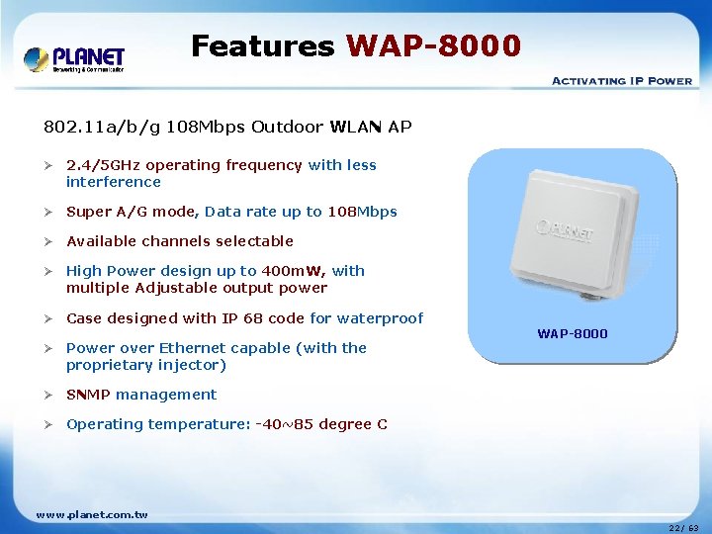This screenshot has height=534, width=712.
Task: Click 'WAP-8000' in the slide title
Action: tap(433, 46)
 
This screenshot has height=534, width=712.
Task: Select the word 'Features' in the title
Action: tap(262, 46)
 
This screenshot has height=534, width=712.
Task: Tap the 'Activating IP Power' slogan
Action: tap(621, 81)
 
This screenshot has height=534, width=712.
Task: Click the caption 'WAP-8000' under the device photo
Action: tap(573, 334)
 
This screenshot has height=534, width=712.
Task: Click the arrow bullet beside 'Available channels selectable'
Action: tap(48, 241)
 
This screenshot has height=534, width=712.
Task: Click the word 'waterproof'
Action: tap(381, 318)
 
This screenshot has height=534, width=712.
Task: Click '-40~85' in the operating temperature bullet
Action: tap(281, 424)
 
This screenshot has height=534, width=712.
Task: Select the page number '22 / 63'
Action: tap(682, 528)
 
